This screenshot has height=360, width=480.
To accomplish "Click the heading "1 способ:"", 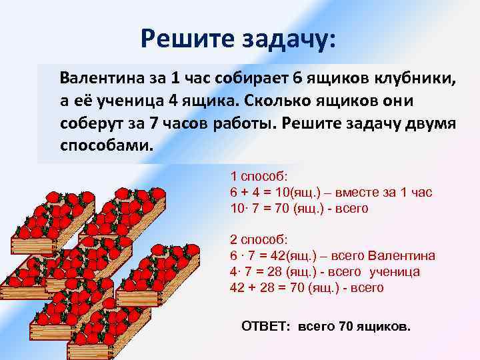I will pos(258,177).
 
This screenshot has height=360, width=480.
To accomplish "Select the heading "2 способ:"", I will pos(258,240).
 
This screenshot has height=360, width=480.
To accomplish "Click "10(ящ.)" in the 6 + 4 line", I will pos(299,193).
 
